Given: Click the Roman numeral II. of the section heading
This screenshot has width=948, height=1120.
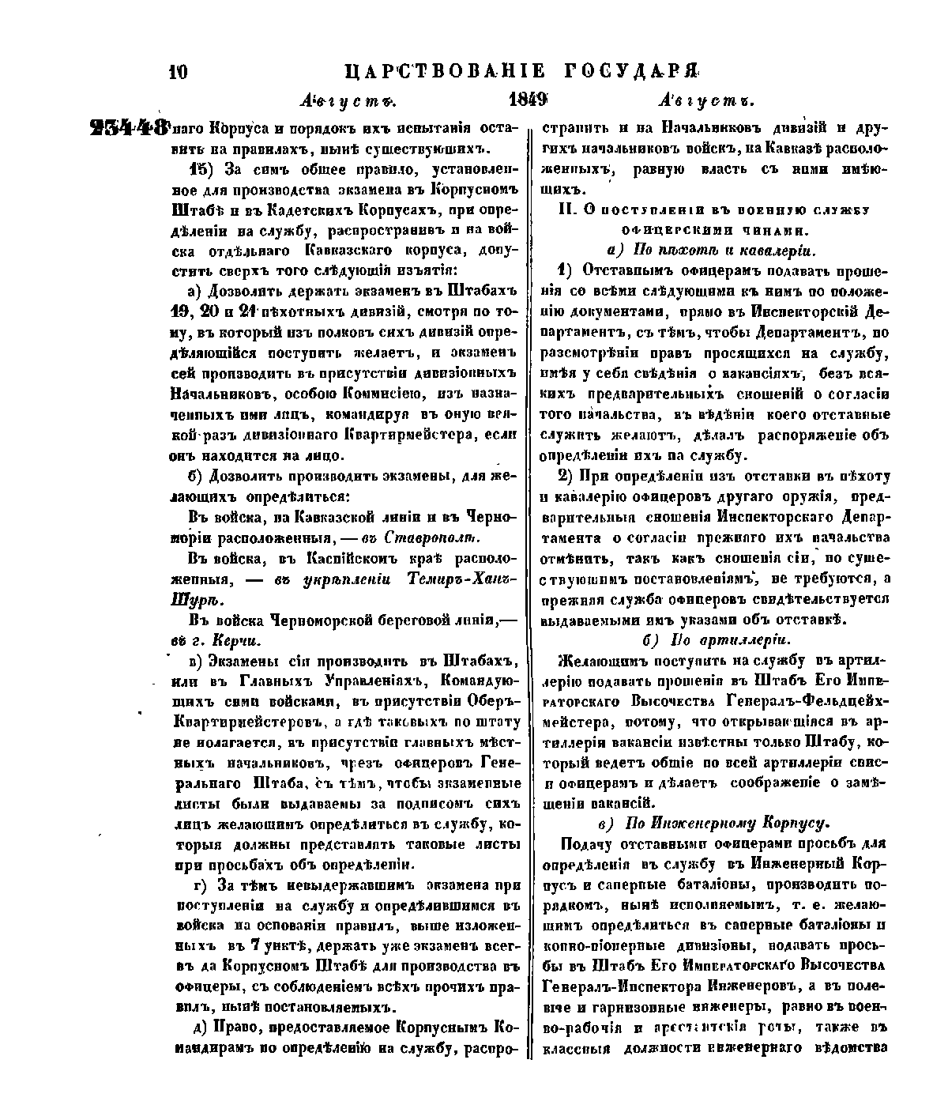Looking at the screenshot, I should (x=566, y=210).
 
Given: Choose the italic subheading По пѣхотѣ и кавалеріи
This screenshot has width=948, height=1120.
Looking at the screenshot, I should (x=724, y=251).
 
